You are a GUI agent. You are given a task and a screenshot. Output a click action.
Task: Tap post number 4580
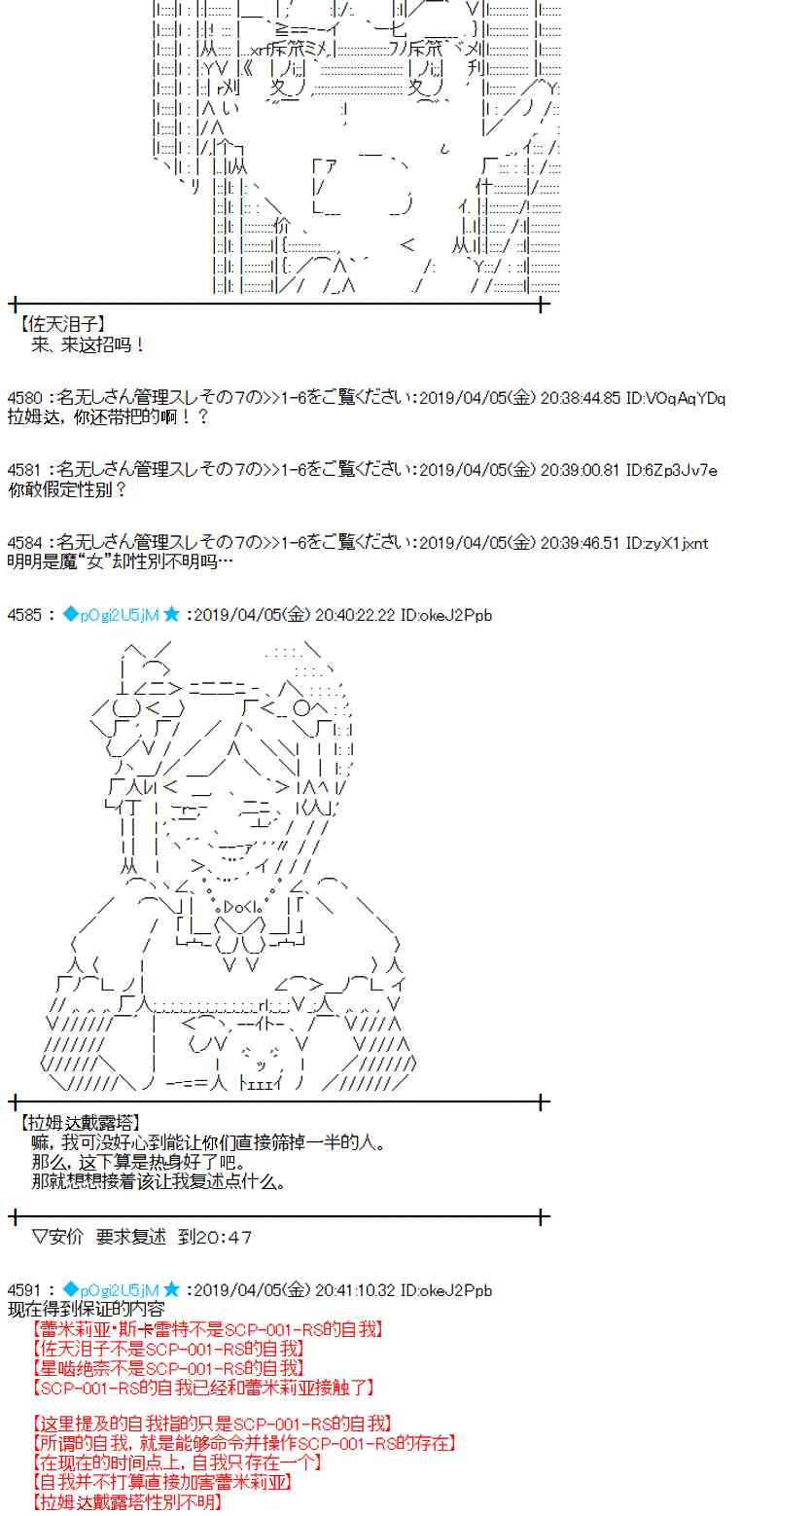tap(24, 398)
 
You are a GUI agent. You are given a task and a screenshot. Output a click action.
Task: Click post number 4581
tap(24, 471)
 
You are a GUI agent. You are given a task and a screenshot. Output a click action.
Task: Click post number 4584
tap(24, 543)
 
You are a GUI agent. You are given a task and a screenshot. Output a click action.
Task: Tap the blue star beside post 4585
tap(172, 614)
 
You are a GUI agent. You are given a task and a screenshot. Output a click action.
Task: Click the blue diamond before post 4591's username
tap(69, 1290)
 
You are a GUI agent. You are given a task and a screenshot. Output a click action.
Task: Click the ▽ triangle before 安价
tap(40, 1238)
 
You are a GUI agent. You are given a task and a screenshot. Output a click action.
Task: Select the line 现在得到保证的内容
tap(86, 1310)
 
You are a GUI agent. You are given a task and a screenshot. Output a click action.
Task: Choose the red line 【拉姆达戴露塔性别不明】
tap(126, 1502)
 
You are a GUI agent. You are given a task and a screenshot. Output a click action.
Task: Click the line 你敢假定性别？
tap(67, 490)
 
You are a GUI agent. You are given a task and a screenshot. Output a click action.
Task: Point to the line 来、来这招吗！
tap(88, 344)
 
